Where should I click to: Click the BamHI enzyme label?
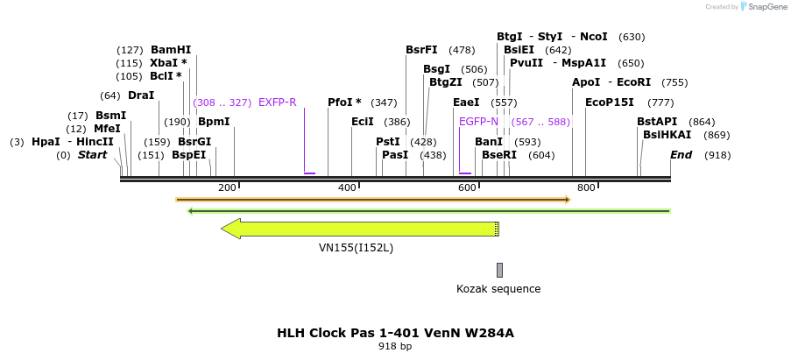170,50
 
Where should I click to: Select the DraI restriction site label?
140,95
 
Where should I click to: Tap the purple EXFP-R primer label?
277,102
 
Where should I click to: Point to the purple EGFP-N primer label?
478,122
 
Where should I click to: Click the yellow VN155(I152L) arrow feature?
359,229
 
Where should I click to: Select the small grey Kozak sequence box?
499,270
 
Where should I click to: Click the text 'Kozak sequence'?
498,289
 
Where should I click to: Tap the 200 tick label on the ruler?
227,187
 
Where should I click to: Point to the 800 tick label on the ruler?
586,187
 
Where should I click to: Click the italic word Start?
92,155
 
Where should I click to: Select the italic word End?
682,155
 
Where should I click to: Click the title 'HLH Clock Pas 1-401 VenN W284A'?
394,333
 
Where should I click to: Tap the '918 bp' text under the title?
394,347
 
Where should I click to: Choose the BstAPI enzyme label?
657,122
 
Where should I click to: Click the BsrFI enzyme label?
421,50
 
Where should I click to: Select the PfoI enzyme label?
344,102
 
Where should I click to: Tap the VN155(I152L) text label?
356,248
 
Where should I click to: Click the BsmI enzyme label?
110,116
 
